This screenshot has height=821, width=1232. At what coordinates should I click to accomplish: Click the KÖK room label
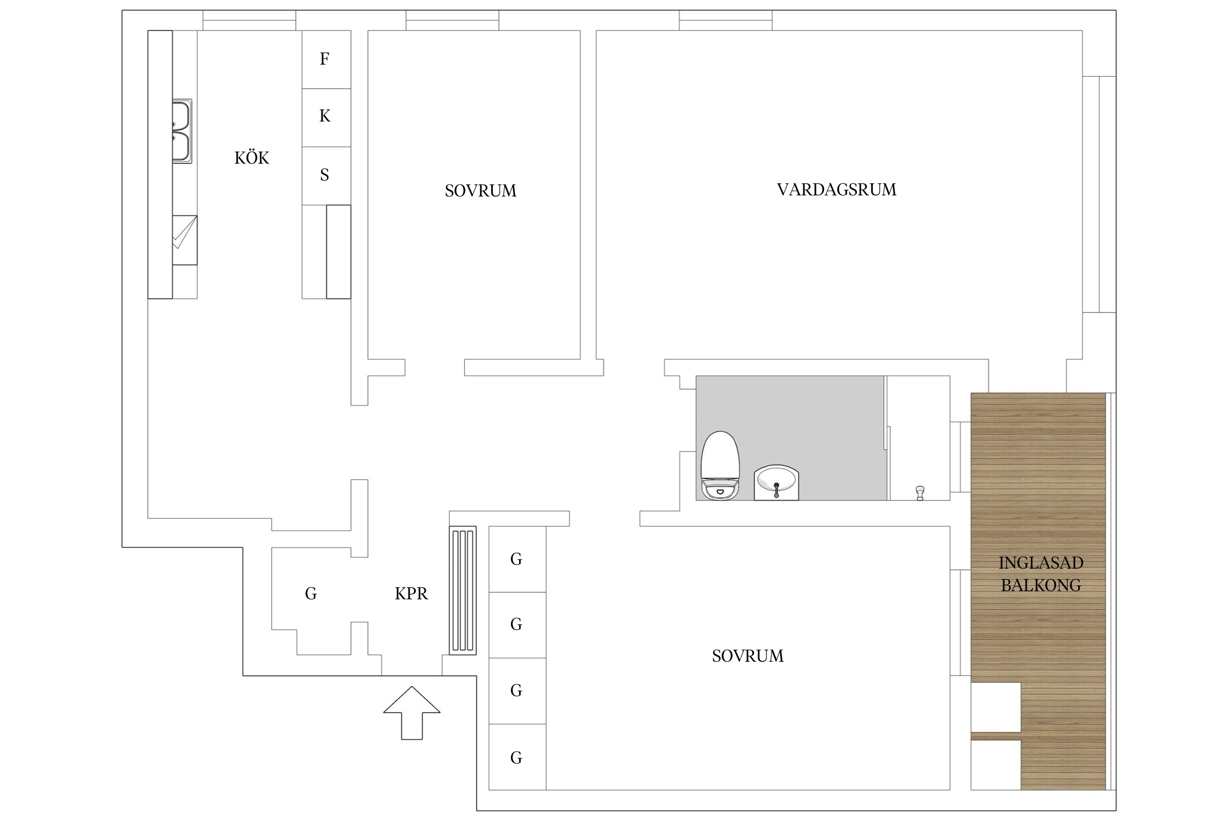coord(252,158)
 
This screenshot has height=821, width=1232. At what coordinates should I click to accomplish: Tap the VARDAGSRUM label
coord(836,189)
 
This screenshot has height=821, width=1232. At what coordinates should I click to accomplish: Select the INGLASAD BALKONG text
coord(1040,574)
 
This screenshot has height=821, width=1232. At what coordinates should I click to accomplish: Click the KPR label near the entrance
coord(411,593)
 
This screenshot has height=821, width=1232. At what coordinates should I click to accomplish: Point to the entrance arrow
coord(412,713)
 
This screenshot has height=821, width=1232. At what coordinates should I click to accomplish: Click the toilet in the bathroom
coord(720,466)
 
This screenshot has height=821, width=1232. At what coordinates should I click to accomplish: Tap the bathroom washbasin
coord(776,483)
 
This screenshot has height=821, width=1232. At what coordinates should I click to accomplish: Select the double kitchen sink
coord(182,131)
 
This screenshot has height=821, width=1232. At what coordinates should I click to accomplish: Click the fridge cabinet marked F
coord(326,59)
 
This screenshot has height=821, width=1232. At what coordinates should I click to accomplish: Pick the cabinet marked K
coord(326,118)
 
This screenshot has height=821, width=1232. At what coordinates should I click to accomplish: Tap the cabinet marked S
coord(326,176)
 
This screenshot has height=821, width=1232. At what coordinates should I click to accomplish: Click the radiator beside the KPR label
coord(463,591)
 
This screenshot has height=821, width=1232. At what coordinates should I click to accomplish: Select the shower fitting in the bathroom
coord(920,493)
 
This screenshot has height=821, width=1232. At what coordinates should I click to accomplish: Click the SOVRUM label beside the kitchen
coord(480,190)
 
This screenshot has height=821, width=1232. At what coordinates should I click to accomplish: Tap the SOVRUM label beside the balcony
coord(747,656)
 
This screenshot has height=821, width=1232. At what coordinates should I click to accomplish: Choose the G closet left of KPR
coord(311,593)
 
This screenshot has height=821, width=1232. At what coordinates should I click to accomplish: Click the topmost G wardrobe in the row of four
coord(517,559)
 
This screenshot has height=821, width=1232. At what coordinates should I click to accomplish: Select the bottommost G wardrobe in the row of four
coord(517,757)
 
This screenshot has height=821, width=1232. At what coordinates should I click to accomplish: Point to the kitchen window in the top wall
coord(250,20)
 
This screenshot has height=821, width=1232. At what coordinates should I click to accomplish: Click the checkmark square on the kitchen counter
coord(185,240)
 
